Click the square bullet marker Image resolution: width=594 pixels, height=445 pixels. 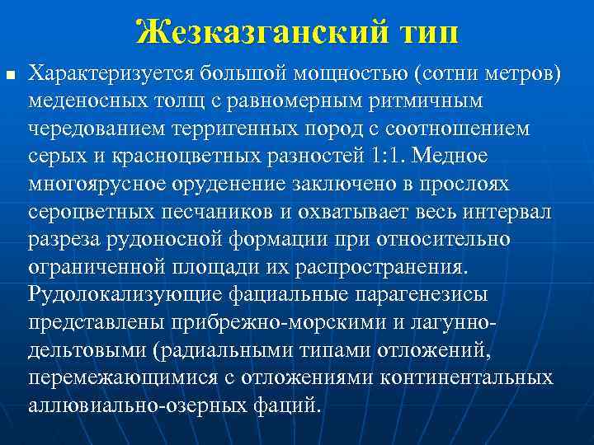(10, 76)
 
